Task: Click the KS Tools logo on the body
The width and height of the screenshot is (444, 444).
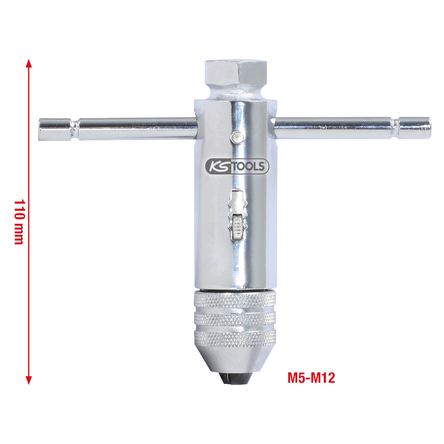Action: coord(237,167)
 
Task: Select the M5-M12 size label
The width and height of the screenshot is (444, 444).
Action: coord(311,378)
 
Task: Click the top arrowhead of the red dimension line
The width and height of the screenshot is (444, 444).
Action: coord(29,63)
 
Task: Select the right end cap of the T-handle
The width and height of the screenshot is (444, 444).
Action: coord(415,128)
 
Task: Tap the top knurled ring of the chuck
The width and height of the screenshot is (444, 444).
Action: coord(235,300)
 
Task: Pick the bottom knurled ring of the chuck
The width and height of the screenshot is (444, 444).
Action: coord(235,339)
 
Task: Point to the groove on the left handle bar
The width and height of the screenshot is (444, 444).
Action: coord(75,129)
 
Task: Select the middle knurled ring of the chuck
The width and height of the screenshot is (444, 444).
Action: coord(235,319)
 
